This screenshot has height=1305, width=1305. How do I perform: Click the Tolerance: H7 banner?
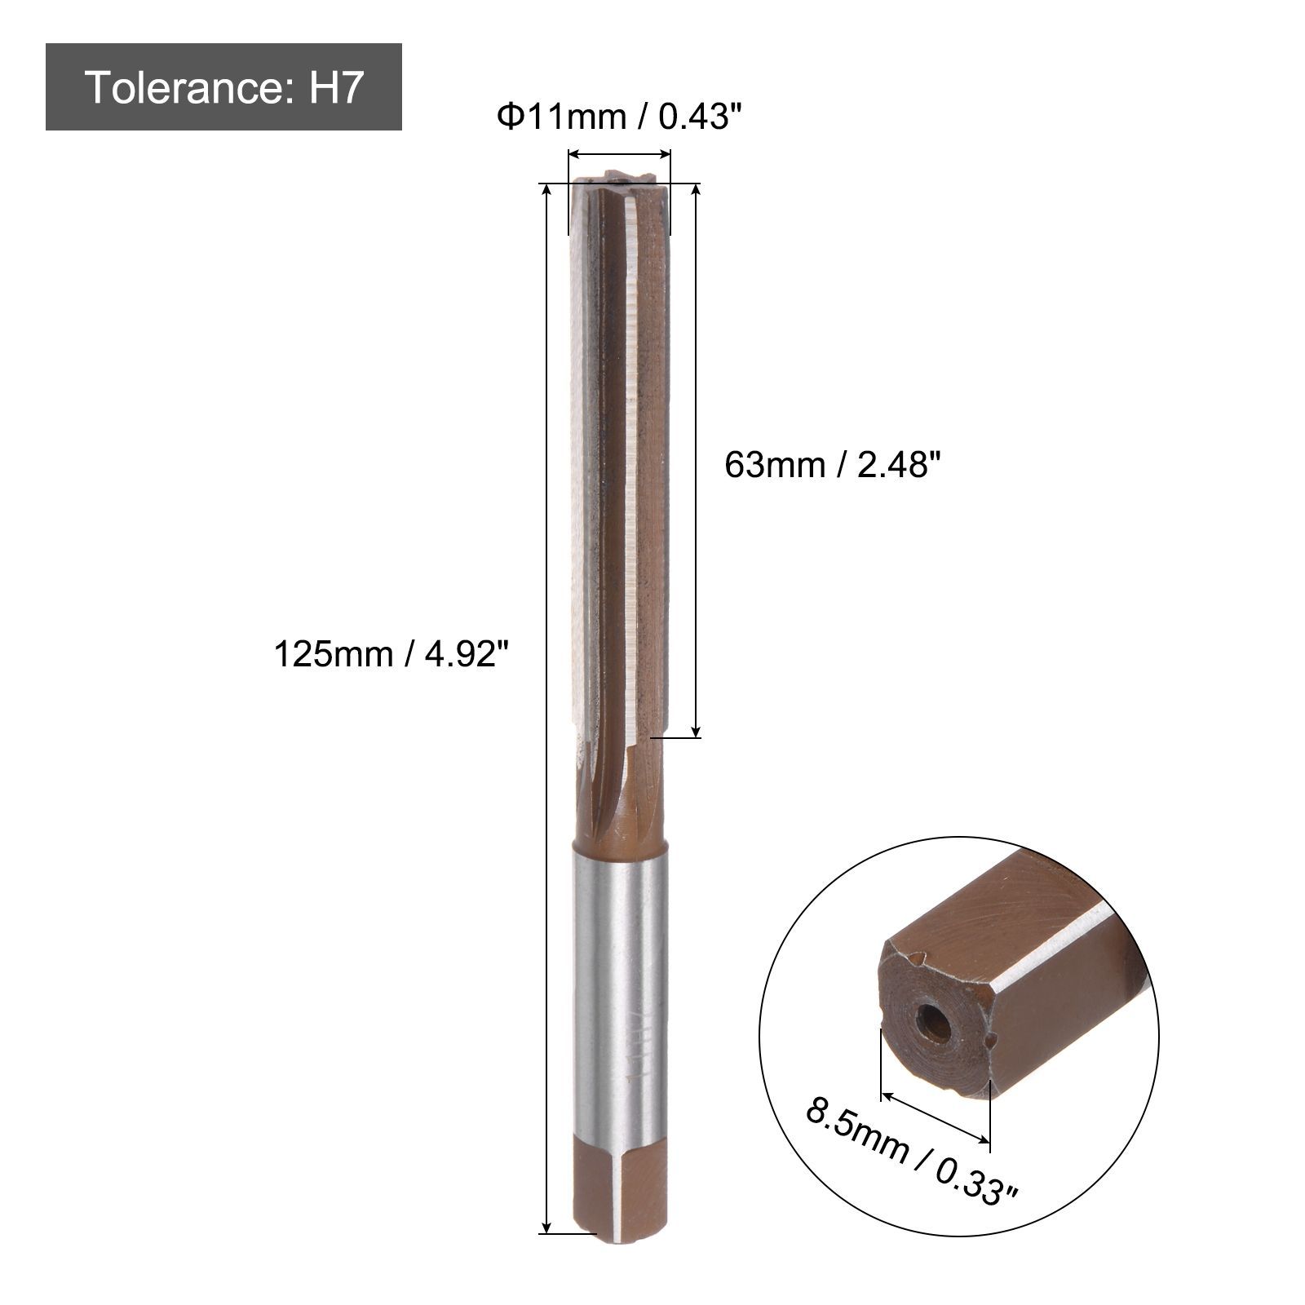click(x=223, y=86)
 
